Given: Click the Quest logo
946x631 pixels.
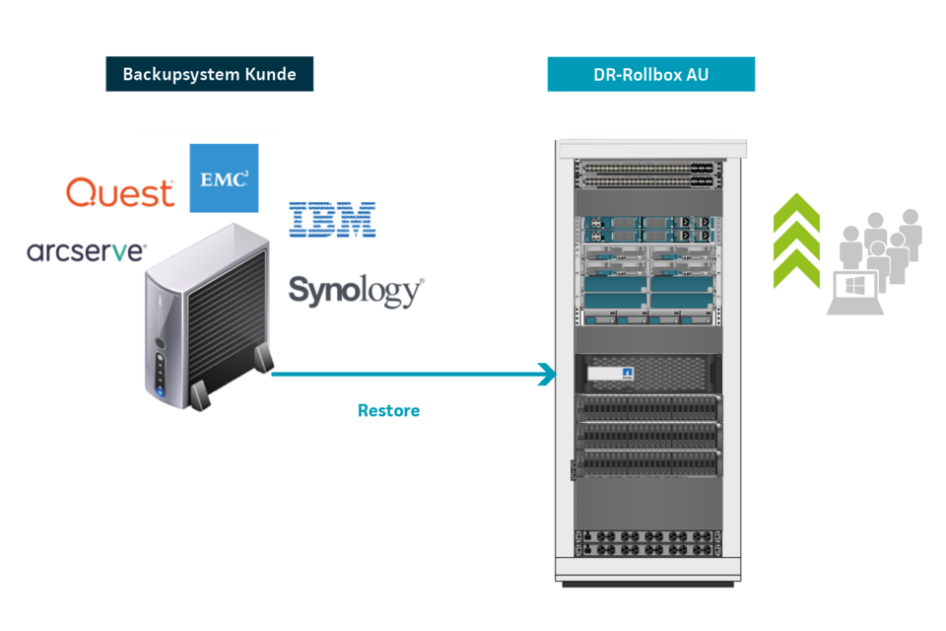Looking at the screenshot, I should click(x=120, y=192).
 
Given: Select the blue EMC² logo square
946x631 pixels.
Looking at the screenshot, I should click(x=224, y=178).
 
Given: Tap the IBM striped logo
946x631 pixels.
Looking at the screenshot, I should click(x=332, y=219).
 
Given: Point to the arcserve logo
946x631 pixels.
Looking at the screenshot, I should click(x=87, y=252).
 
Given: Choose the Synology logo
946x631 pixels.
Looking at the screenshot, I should click(x=356, y=291).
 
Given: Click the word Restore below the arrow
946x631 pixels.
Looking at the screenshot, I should click(x=388, y=410).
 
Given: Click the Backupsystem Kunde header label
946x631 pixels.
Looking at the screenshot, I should click(x=209, y=74).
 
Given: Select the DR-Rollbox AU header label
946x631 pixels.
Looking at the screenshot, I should click(x=650, y=74).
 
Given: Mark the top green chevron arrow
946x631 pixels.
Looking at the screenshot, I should click(x=797, y=212).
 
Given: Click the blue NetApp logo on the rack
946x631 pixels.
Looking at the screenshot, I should click(x=626, y=374).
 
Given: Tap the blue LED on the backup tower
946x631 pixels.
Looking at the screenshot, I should click(x=161, y=391).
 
